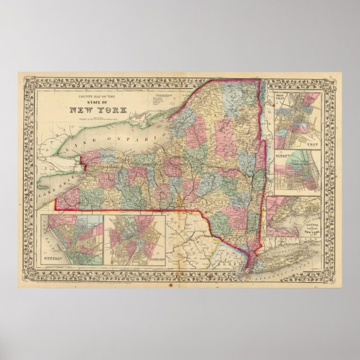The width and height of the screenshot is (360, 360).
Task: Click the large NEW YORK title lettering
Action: [98, 110]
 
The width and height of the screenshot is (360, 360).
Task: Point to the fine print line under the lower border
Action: [168, 283]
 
